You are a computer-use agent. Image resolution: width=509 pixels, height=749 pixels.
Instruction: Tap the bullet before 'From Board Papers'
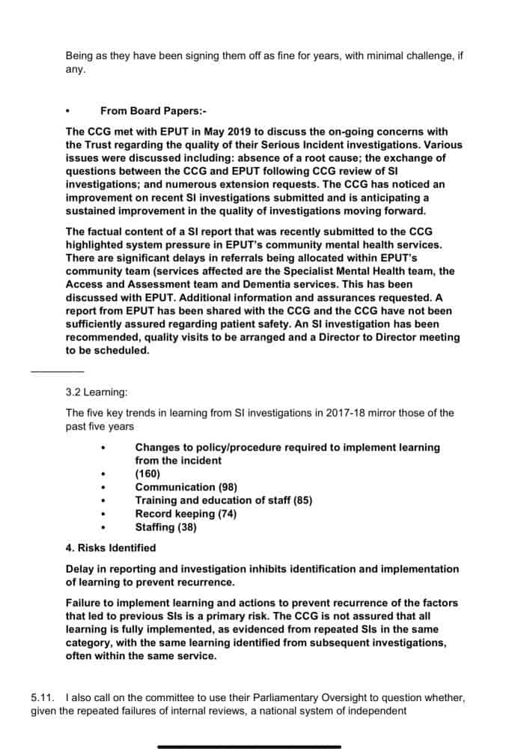tap(68, 111)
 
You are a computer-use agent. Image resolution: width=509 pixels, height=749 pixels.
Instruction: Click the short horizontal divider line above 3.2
tap(57, 372)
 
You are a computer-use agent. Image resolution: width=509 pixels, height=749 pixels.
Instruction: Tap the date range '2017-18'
tap(317, 413)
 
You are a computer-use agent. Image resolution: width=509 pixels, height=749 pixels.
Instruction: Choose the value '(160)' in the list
tap(147, 474)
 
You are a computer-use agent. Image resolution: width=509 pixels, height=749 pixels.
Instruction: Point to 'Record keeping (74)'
tap(185, 513)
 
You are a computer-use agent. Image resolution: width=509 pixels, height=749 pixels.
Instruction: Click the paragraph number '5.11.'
tap(43, 697)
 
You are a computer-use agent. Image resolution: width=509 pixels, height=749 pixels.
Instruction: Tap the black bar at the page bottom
tap(249, 746)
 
